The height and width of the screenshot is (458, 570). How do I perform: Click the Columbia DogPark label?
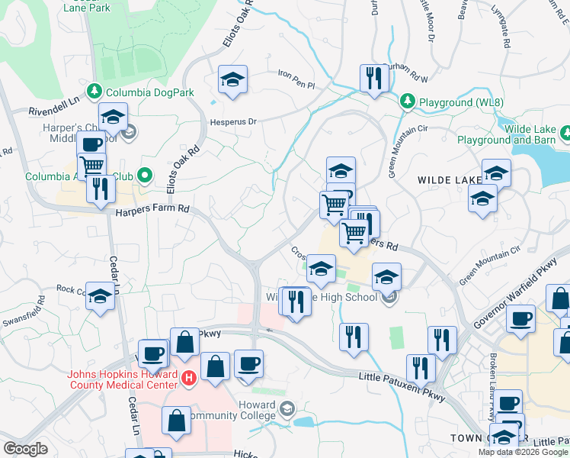tap(150, 92)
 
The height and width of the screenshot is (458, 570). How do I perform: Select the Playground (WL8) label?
tap(450, 100)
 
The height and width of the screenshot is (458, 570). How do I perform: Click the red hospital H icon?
tap(190, 376)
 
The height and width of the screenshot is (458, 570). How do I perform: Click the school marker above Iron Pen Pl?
tap(232, 79)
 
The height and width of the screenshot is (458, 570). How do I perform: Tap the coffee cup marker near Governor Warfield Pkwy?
tap(521, 319)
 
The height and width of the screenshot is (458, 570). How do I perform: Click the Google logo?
tap(26, 448)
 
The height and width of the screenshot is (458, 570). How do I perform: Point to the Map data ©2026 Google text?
tap(523, 452)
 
